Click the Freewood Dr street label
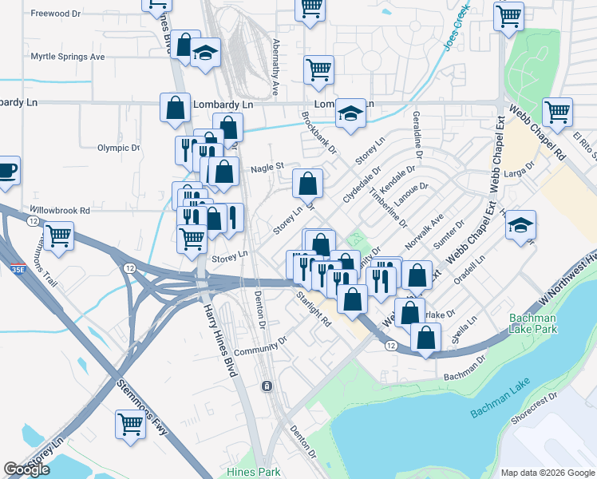[x=56, y=14]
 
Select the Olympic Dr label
[x=118, y=148]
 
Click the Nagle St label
[x=267, y=167]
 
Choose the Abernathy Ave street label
[x=275, y=56]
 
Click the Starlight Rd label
[x=313, y=309]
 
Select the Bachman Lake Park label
[x=533, y=323]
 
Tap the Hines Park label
[x=254, y=472]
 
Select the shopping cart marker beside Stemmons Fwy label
[x=130, y=425]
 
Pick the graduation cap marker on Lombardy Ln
[x=350, y=113]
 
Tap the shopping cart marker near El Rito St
[x=556, y=111]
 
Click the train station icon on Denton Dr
[x=267, y=386]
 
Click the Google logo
[x=27, y=469]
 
